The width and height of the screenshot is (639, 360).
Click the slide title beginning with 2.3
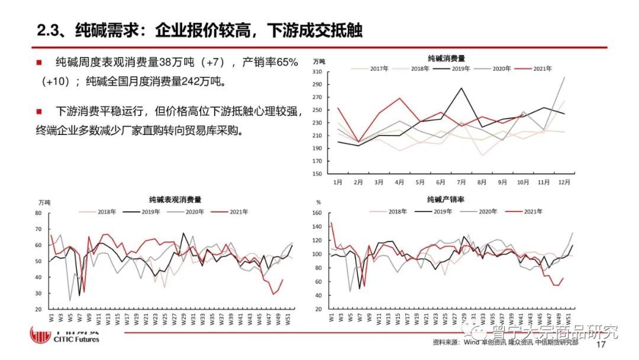(x=199, y=31)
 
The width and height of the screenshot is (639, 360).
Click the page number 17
(x=601, y=345)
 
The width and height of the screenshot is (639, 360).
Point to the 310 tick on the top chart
(x=317, y=72)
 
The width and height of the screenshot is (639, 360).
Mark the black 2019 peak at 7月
(x=461, y=88)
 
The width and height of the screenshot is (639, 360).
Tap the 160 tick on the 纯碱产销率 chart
(x=315, y=213)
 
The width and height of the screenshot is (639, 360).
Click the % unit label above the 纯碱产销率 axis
(x=318, y=202)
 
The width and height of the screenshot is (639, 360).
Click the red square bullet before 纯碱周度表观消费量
(x=38, y=62)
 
